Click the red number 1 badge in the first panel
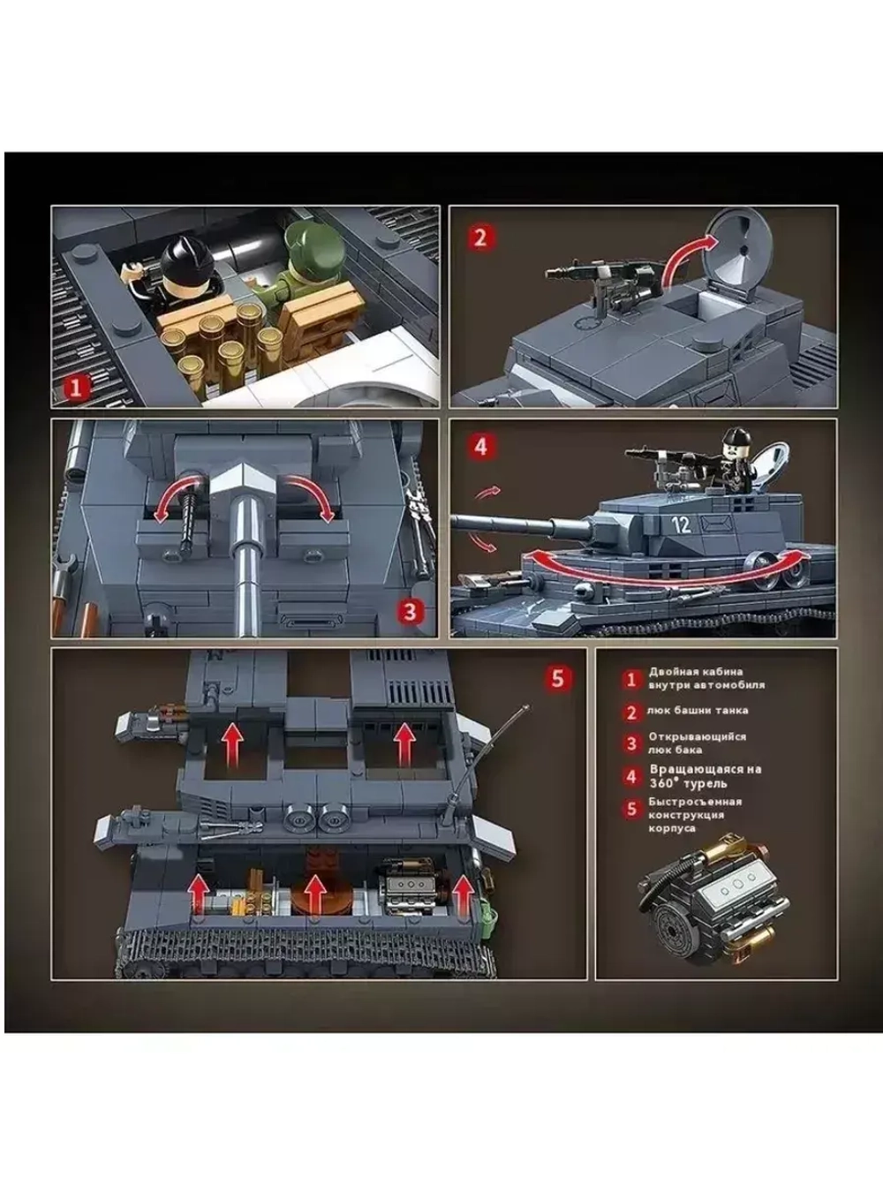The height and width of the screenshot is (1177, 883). [x=76, y=387]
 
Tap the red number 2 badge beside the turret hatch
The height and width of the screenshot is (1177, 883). [x=480, y=237]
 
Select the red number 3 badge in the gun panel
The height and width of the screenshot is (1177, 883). [x=411, y=611]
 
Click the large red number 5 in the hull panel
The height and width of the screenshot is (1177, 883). [x=558, y=678]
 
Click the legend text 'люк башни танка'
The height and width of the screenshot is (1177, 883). [x=698, y=711]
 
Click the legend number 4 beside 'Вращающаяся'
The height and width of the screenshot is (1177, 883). [x=631, y=777]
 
